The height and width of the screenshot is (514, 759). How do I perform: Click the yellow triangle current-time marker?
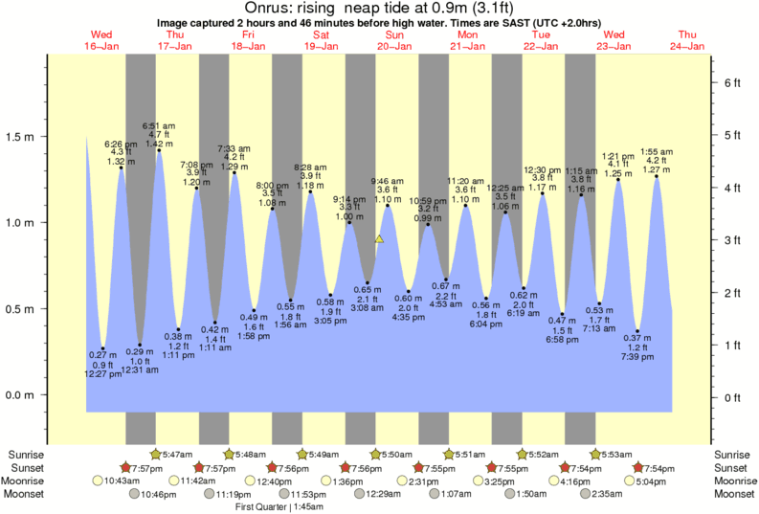(x=380, y=239)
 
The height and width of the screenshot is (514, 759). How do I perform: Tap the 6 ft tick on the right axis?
(x=732, y=83)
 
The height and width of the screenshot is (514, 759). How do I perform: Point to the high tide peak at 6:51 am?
(x=159, y=150)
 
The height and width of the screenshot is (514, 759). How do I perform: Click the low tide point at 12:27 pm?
(x=102, y=348)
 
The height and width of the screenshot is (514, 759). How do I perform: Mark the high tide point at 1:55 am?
(x=657, y=176)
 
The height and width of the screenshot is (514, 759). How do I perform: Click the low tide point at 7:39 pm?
(x=637, y=331)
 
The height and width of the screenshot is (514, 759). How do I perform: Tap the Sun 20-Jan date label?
(x=393, y=40)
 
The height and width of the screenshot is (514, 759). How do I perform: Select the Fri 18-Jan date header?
(x=248, y=40)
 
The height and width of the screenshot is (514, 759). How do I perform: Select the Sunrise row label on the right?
(x=732, y=454)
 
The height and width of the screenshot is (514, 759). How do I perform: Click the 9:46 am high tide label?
(x=387, y=180)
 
